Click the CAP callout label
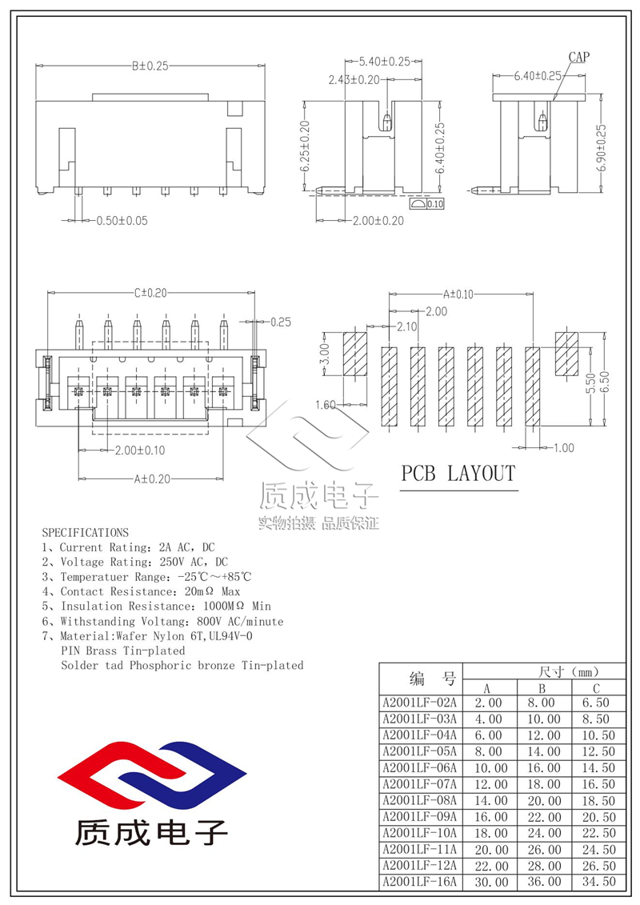coord(579,57)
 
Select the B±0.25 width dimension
coord(150,66)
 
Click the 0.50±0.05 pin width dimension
coord(122,220)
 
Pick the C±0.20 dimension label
coord(150,293)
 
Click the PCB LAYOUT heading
coord(458,474)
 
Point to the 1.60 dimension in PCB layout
coord(325,405)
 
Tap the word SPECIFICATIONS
coord(85,531)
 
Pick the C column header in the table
coord(596,688)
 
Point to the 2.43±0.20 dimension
coord(354,80)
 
